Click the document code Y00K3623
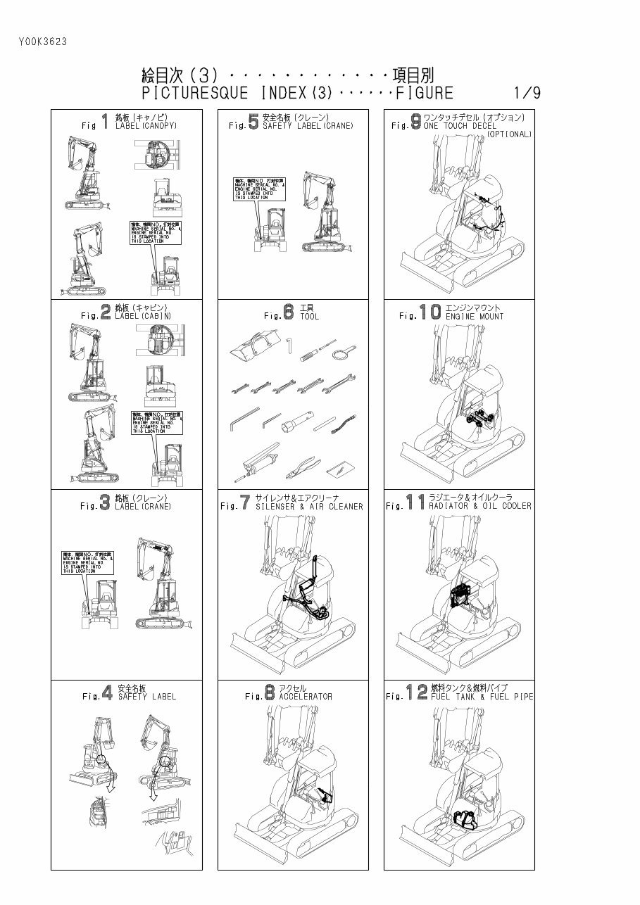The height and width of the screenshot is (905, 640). click(43, 42)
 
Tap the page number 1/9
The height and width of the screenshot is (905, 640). click(527, 93)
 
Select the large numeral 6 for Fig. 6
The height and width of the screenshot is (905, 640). click(289, 312)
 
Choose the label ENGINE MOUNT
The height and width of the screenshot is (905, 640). click(474, 317)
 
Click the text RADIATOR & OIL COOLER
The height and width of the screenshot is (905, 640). click(479, 506)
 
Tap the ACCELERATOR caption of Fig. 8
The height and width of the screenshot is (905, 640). click(305, 697)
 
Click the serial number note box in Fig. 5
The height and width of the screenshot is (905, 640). click(260, 189)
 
